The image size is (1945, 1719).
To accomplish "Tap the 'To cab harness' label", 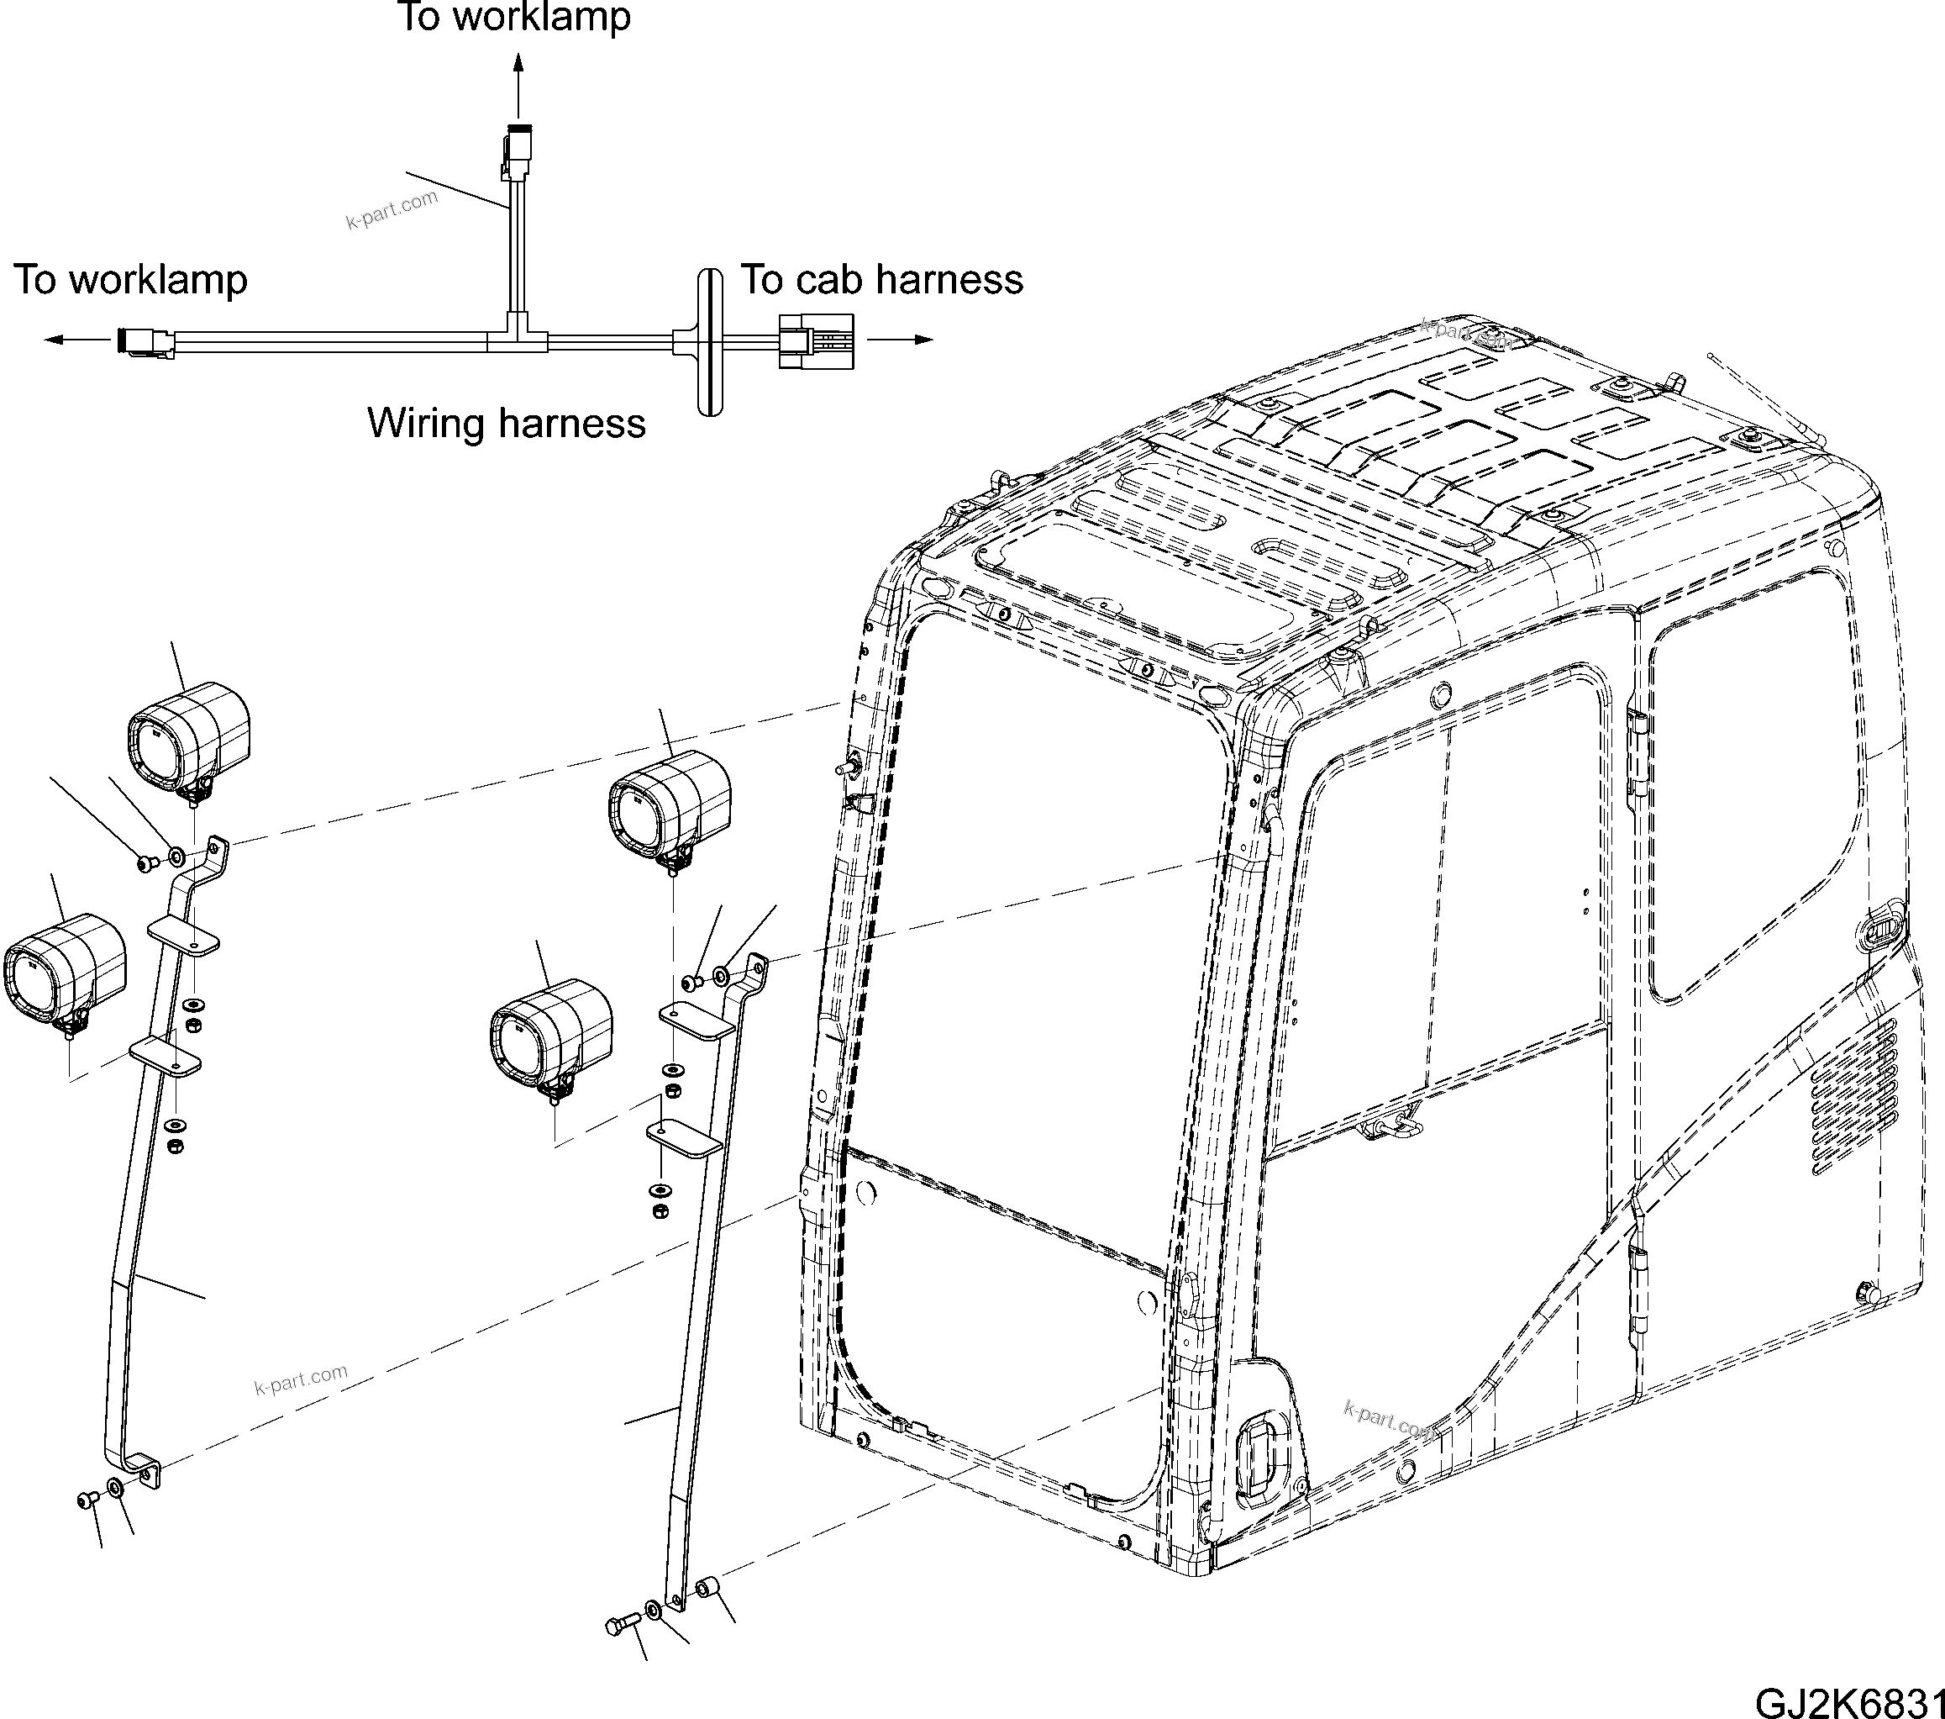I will pos(881,279).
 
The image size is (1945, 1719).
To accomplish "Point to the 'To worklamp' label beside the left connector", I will pos(130,279).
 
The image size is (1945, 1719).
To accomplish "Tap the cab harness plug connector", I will pos(817,340).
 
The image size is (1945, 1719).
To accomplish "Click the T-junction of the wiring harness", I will pos(516,335).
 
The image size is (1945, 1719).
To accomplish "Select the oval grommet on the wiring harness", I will pos(710,342).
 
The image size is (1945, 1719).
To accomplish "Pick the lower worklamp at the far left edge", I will pos(65,969).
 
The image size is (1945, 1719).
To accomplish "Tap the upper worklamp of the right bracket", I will pos(670,804).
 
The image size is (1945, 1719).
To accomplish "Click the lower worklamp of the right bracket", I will pos(552,1036).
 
